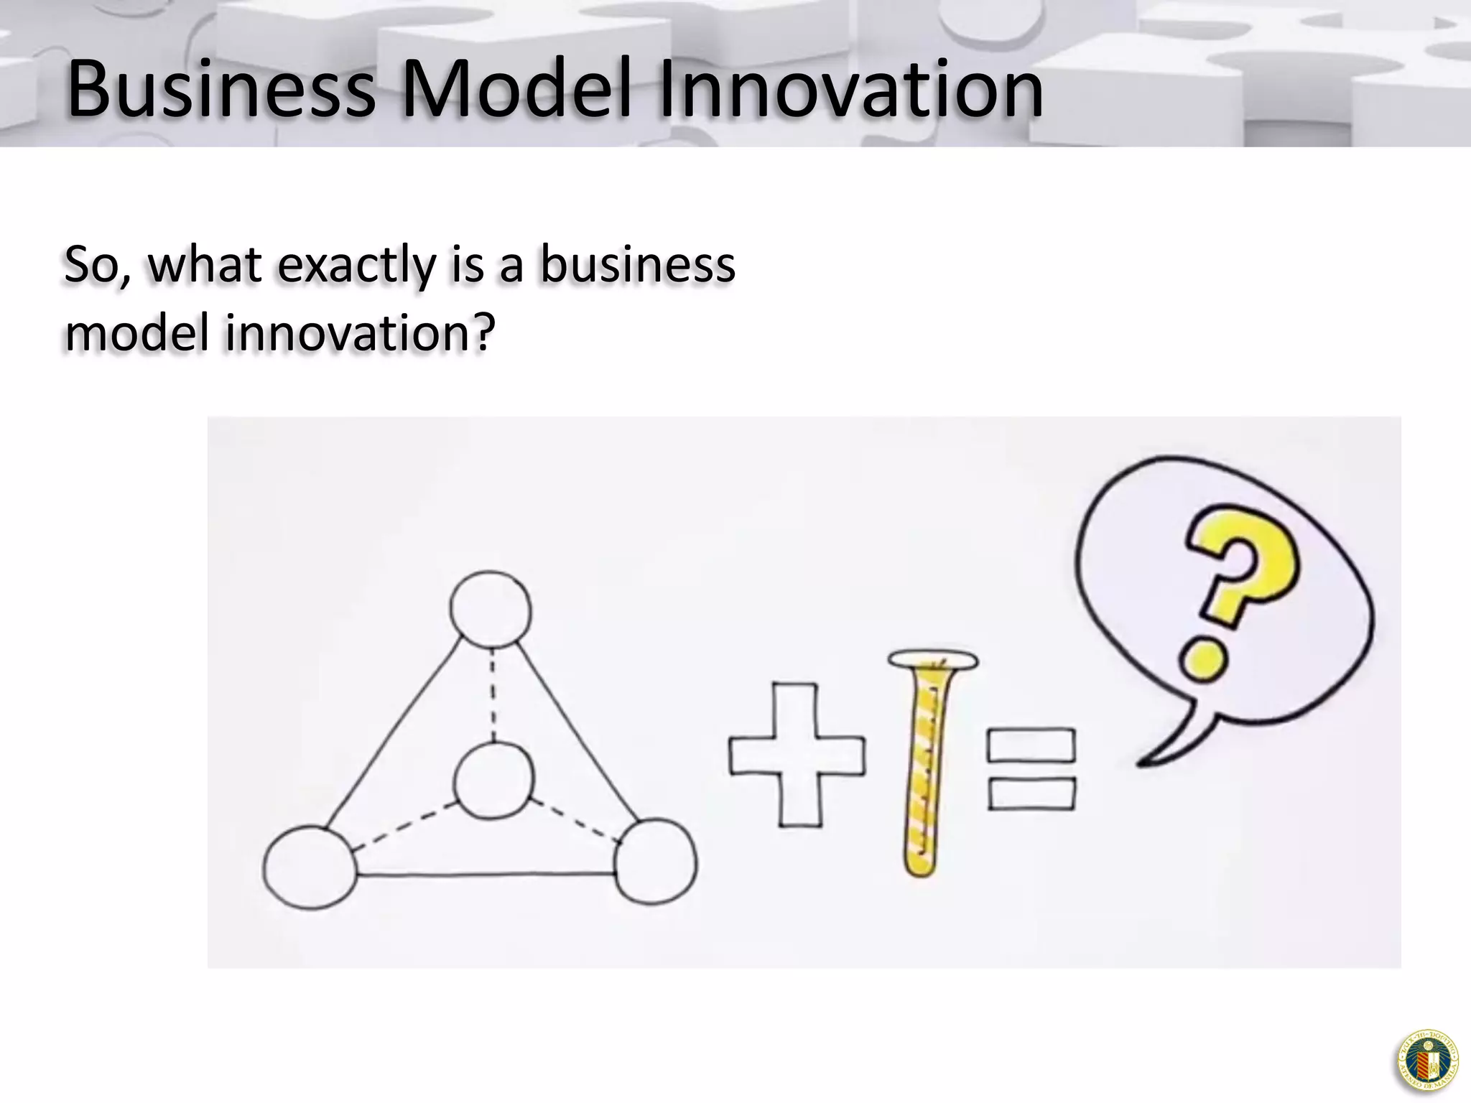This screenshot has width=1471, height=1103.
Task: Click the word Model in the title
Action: coord(516,90)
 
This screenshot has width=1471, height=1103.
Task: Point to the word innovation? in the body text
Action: coord(360,332)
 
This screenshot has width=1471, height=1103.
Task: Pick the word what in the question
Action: coord(205,264)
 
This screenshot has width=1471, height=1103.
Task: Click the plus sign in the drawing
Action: coord(797,754)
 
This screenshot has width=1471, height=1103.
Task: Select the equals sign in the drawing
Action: coord(1031,769)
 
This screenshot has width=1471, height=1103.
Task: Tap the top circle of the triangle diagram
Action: coord(491,610)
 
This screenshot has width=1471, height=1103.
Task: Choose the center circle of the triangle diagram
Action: coord(494,781)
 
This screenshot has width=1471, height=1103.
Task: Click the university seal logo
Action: coord(1427,1061)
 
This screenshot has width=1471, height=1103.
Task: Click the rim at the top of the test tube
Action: coord(932,658)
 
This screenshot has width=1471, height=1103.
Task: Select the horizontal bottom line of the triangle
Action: coord(486,874)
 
